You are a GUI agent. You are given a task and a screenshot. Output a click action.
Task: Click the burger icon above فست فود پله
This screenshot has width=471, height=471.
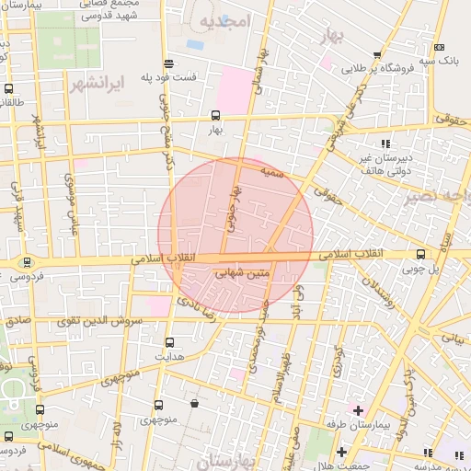point(168,63)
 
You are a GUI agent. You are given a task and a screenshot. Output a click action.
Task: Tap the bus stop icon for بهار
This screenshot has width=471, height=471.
point(215,116)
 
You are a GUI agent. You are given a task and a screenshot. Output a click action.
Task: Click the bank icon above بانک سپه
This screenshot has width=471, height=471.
point(440,47)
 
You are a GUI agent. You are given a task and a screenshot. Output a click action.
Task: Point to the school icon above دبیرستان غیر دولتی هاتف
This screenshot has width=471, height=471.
point(385,143)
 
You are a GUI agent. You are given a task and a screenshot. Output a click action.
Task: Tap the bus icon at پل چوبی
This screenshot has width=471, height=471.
point(420,254)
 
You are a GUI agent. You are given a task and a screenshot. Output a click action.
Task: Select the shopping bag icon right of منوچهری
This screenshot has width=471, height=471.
point(193,403)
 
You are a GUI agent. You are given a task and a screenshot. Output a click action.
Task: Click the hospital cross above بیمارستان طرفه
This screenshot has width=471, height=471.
point(357,408)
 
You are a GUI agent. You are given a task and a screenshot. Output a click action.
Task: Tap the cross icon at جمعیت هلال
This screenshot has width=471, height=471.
point(341,452)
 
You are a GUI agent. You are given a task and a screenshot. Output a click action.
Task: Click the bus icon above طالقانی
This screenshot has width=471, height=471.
point(9,89)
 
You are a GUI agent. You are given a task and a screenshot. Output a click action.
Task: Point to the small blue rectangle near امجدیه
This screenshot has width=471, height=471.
point(195,43)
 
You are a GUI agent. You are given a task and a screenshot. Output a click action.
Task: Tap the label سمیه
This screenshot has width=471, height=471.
point(269,171)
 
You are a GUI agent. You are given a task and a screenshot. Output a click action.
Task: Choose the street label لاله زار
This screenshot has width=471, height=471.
point(117,428)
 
